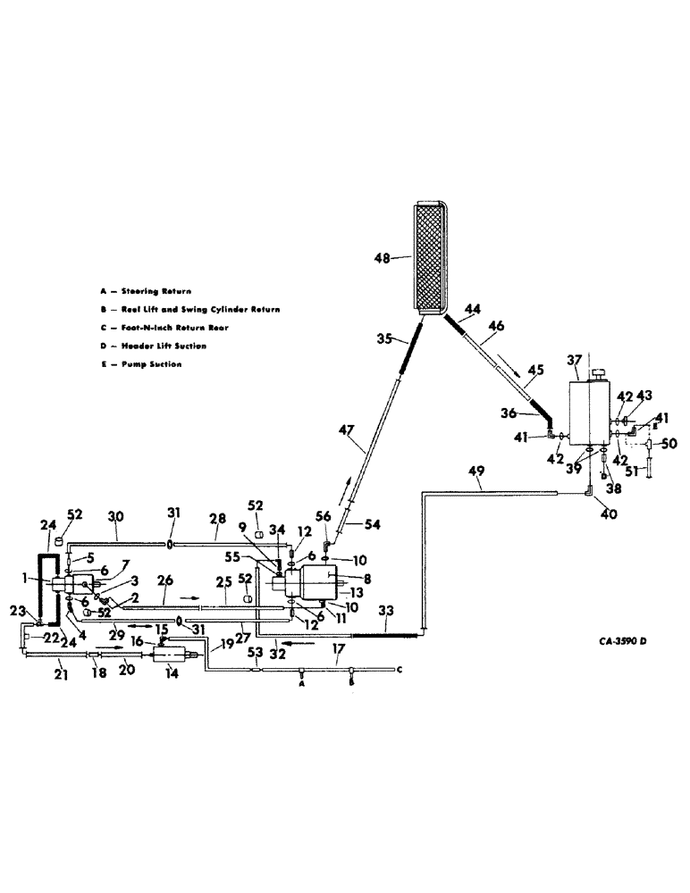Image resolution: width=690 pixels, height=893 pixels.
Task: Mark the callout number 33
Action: pos(385,612)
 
